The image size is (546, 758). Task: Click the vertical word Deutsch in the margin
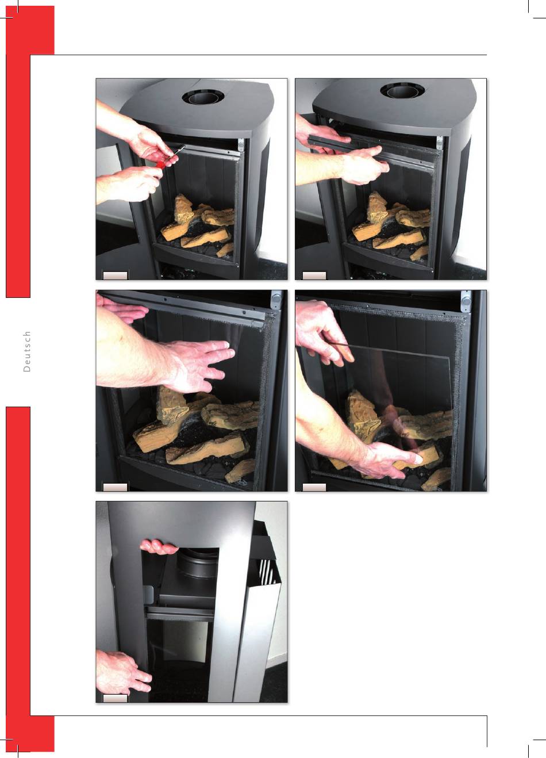[26, 351]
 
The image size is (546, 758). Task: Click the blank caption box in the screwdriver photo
[116, 275]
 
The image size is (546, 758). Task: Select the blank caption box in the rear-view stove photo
[116, 698]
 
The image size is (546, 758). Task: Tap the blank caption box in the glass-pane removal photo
[314, 487]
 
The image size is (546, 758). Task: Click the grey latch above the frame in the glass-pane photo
[467, 300]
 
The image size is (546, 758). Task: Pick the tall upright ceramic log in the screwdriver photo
[183, 208]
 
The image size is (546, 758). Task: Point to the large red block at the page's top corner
[30, 30]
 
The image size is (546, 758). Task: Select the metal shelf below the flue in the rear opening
[179, 610]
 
